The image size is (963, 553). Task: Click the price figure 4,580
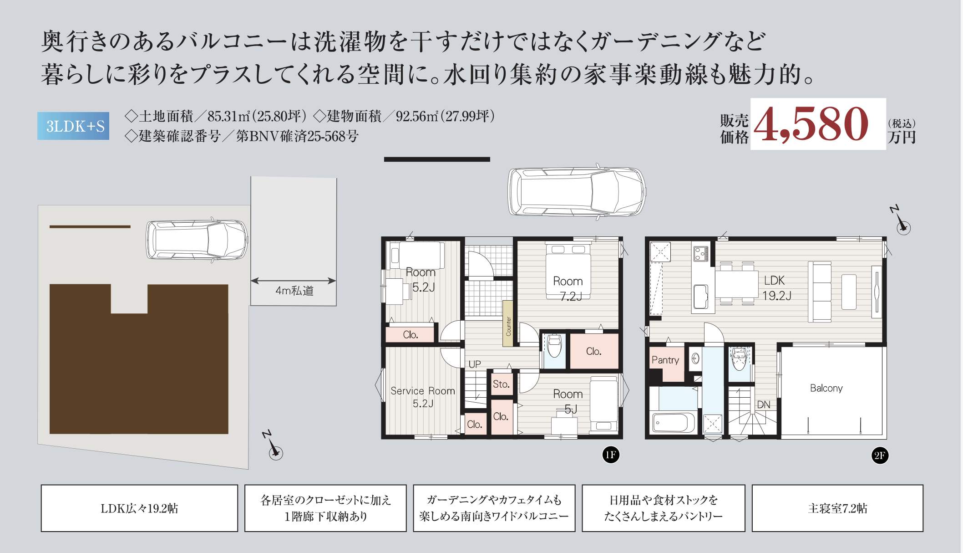(x=811, y=124)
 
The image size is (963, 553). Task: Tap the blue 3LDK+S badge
(x=73, y=126)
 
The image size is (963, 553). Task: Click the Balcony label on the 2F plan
(x=826, y=388)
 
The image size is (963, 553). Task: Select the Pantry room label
(x=665, y=360)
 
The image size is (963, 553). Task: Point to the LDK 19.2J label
(x=776, y=288)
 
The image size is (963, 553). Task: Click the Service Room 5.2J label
(x=423, y=397)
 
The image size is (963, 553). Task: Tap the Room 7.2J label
(x=568, y=288)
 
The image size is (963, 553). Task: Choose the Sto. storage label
(x=501, y=384)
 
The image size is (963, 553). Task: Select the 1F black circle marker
(x=611, y=455)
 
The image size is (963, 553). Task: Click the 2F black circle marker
(x=880, y=456)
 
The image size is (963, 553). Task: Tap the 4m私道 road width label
(x=294, y=291)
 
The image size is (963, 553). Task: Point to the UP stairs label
(x=475, y=364)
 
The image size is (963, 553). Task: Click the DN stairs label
(x=763, y=405)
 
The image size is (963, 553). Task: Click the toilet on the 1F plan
(x=554, y=347)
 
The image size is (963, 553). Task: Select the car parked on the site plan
(x=197, y=240)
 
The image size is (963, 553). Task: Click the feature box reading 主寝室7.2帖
(x=837, y=508)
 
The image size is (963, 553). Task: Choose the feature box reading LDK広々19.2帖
(x=139, y=508)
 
